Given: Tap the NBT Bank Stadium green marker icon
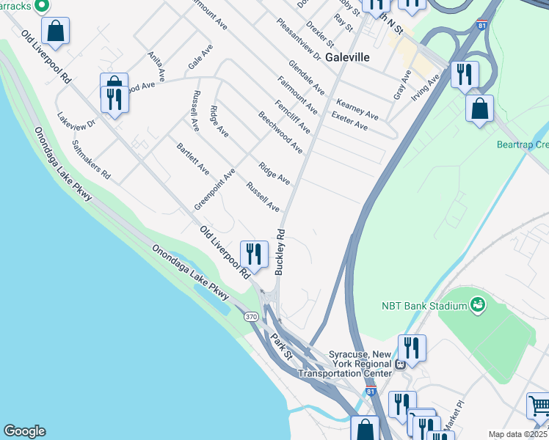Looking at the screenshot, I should coord(478,303).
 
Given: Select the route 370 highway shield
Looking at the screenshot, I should coord(251,316).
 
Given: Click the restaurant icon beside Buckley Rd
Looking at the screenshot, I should coord(255,254).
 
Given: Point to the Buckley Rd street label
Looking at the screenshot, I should coord(280,252).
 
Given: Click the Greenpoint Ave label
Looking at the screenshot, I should coord(214,188).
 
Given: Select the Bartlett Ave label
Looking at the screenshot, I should coord(193,159).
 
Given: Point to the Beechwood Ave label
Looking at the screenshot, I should coord(280,132).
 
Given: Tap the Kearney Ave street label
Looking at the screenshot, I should coord(357,109).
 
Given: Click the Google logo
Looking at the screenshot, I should coord(24,431).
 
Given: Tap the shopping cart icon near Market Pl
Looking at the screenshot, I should coord(539,405).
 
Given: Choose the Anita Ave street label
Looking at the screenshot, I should coord(159,67).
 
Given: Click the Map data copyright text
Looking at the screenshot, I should coord(518,434).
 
